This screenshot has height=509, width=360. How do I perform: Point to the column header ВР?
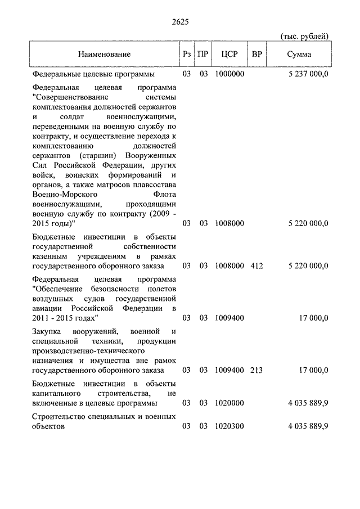pyautogui.click(x=257, y=55)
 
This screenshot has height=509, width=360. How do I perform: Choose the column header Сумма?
pyautogui.click(x=299, y=55)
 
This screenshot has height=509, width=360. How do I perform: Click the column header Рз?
pyautogui.click(x=187, y=55)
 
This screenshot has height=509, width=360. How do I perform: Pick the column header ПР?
pyautogui.click(x=204, y=55)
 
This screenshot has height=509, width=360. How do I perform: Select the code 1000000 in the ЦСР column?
pyautogui.click(x=229, y=74)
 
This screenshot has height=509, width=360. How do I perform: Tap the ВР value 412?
pyautogui.click(x=257, y=265)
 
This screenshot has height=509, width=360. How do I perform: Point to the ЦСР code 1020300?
pyautogui.click(x=229, y=426)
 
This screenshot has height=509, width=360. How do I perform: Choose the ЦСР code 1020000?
pyautogui.click(x=229, y=403)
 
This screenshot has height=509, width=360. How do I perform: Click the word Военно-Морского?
pyautogui.click(x=58, y=195)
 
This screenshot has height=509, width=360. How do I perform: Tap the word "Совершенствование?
pyautogui.click(x=66, y=97)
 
